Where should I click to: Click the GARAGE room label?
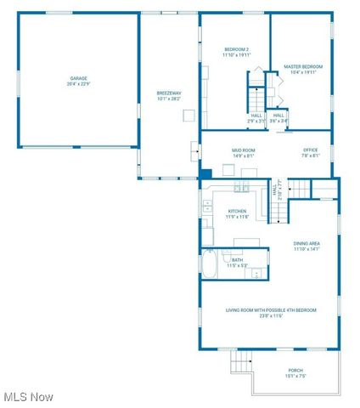(x=78, y=78)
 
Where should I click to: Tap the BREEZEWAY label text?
(x=169, y=93)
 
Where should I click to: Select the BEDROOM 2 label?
(x=236, y=48)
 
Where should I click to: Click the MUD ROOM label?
(x=244, y=150)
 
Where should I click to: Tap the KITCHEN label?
(x=237, y=211)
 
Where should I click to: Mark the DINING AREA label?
(x=307, y=243)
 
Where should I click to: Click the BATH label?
(x=237, y=260)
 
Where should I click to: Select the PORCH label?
(x=295, y=371)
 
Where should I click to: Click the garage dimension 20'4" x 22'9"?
(x=78, y=83)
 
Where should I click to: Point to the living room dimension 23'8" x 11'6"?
(x=271, y=315)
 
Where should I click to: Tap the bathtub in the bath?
(x=210, y=265)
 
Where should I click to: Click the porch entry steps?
(x=242, y=362)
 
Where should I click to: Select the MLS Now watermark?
(x=29, y=397)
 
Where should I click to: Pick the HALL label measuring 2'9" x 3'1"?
(x=256, y=118)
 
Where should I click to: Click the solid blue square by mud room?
(x=205, y=174)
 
